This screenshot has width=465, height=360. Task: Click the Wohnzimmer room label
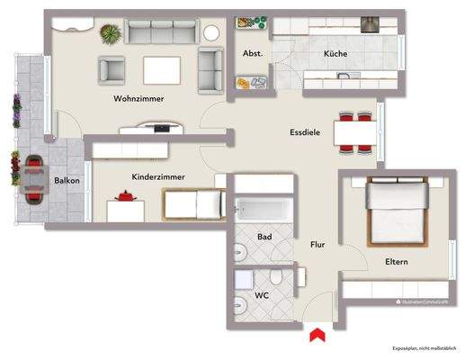point(139,99)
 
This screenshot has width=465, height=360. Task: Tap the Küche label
point(335,55)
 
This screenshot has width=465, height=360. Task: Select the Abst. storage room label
point(253,54)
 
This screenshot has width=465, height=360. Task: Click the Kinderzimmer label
point(158,177)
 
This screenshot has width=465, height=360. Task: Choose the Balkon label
point(67,181)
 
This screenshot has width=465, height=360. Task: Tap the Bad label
point(264,237)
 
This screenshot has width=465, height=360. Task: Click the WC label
point(262,295)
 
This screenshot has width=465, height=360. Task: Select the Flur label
point(317,244)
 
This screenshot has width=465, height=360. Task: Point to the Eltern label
point(395,262)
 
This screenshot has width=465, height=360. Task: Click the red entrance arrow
point(315,335)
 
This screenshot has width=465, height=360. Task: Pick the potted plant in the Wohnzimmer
point(111,33)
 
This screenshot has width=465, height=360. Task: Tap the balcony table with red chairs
point(34,178)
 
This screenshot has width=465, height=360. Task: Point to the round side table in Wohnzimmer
point(211,32)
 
